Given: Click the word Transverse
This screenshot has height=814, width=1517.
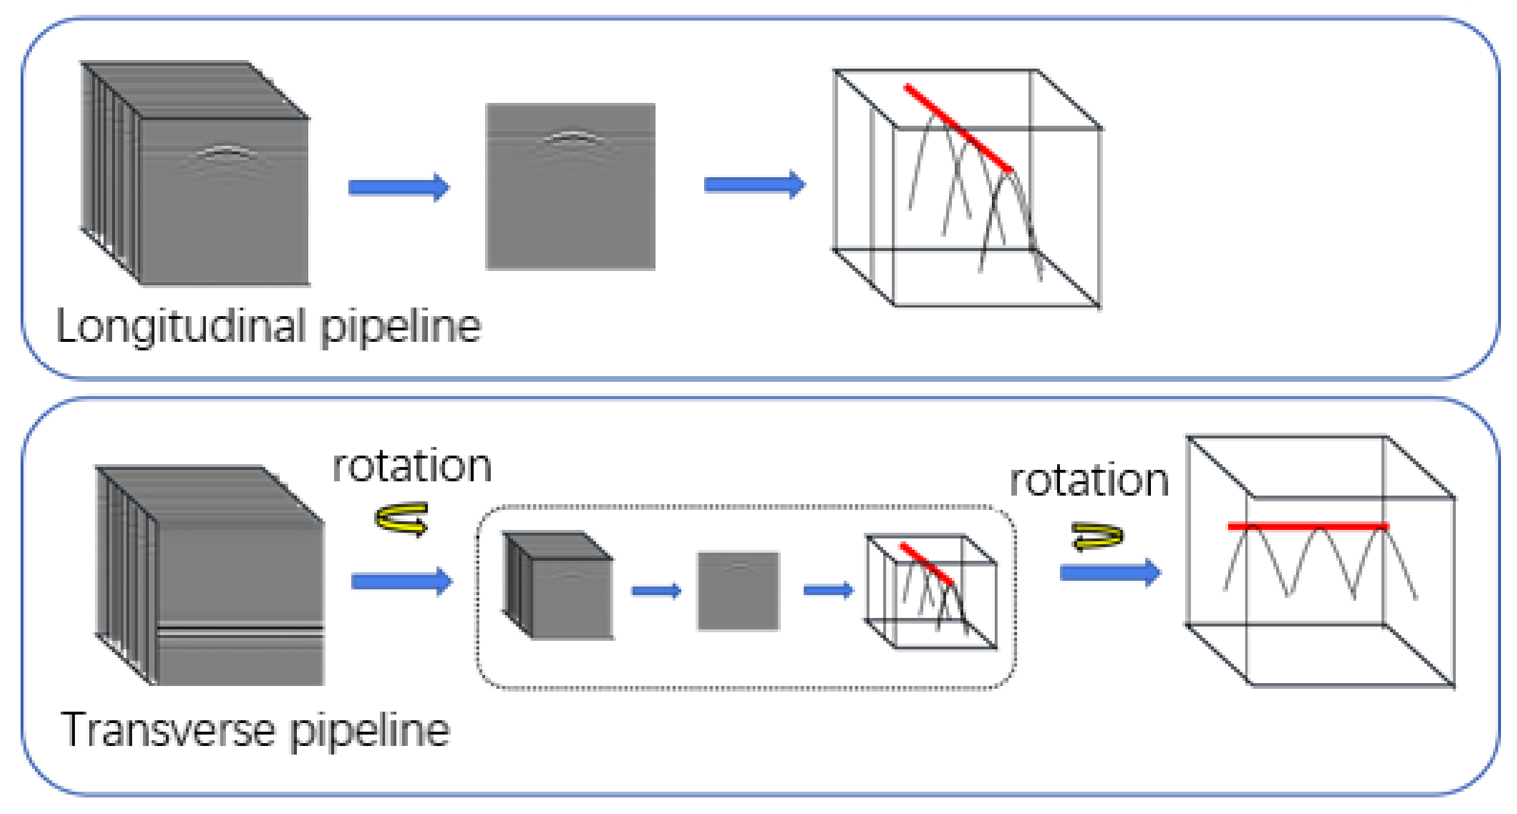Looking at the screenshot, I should [x=168, y=729].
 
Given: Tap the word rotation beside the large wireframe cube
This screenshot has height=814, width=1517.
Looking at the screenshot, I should [x=1089, y=480].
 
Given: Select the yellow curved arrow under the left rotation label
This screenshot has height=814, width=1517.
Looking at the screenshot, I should [x=402, y=518].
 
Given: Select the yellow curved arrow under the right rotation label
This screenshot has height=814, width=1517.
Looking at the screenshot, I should [x=1097, y=536].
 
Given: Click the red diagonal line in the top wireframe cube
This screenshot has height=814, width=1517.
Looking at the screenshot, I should [x=958, y=127].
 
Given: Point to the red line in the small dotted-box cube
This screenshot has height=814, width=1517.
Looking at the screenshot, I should [x=926, y=564].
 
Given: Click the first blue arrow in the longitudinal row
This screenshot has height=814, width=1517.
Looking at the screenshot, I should [x=399, y=187].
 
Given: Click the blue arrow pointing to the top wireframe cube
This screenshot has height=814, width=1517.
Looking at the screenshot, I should [x=754, y=185].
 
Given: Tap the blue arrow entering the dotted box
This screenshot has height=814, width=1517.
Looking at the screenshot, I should [x=402, y=581].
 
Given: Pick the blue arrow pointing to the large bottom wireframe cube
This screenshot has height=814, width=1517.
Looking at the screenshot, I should [x=1110, y=572].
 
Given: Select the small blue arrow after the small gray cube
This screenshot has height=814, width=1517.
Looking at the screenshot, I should [x=656, y=590].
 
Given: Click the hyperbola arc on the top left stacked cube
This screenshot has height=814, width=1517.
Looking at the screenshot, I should [x=227, y=152].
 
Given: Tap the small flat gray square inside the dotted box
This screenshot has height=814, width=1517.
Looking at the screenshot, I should [x=738, y=591].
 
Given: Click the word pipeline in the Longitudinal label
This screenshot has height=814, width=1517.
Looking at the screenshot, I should [x=400, y=326].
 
